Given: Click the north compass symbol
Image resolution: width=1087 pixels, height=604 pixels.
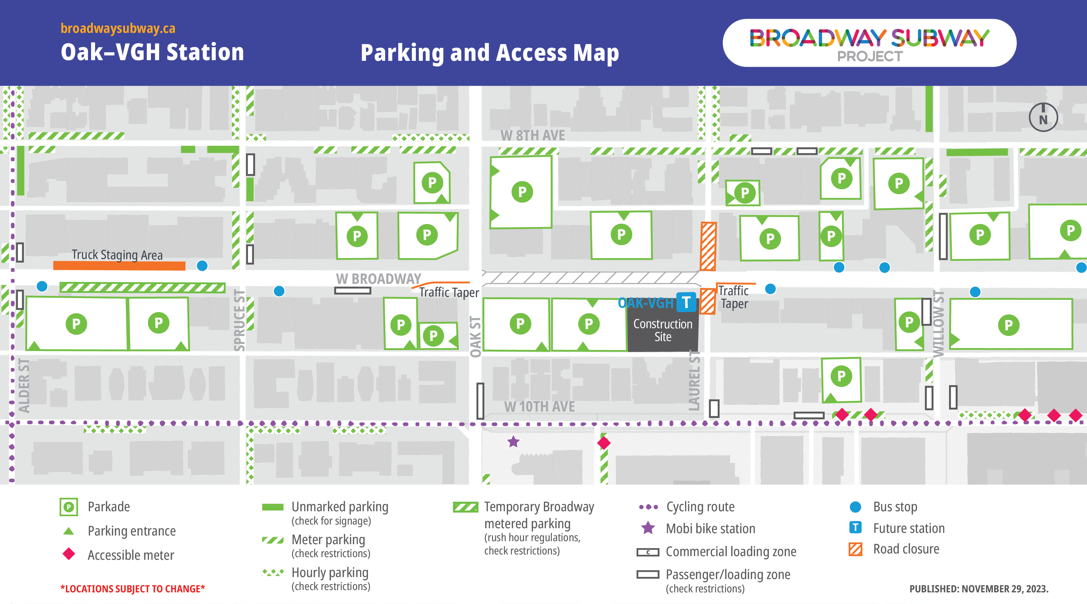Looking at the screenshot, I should (x=1043, y=117).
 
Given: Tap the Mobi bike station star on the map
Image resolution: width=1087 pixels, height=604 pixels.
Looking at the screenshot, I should (x=513, y=442).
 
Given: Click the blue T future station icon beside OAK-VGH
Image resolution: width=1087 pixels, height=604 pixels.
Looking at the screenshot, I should (x=686, y=302).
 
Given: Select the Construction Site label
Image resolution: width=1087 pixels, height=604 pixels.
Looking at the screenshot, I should (x=663, y=330).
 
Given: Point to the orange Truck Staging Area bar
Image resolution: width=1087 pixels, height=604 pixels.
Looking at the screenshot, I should (x=119, y=266).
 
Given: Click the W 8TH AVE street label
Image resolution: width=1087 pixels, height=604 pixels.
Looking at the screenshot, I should (x=533, y=136).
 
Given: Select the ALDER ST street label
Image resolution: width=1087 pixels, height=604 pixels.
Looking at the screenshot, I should (x=24, y=385).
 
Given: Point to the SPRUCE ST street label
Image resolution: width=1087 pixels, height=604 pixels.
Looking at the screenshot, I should (x=239, y=320).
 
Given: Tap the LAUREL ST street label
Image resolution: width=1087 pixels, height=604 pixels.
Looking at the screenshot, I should (x=694, y=380).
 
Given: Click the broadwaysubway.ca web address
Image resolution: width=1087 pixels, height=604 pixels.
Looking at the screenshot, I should (x=118, y=28).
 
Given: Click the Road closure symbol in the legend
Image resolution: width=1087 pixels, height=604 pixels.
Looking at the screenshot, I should (x=855, y=549).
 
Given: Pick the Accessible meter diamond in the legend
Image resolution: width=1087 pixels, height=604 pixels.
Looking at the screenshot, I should (x=69, y=554).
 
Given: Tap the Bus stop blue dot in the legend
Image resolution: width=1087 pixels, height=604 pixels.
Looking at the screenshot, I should (x=855, y=507).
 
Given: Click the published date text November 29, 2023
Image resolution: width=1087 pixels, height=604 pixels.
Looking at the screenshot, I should (x=979, y=589).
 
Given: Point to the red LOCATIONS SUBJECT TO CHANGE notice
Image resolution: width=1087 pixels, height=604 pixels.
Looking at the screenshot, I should (x=133, y=589).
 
